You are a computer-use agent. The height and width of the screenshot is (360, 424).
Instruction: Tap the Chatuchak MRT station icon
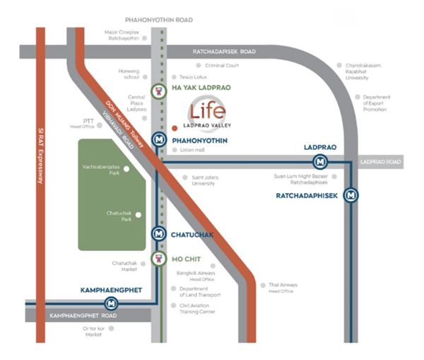pos(159,234)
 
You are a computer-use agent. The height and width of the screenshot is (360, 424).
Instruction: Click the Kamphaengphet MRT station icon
pos(112,303)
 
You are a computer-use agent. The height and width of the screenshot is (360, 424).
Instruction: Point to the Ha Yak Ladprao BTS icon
pos(159,91)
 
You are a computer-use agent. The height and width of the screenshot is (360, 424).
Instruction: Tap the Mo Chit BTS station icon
pos(159,259)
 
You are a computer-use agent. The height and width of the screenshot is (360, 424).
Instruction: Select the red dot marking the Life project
pos(175,129)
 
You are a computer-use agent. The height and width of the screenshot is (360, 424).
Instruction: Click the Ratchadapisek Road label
pos(224,52)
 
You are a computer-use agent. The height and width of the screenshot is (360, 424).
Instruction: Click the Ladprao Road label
pos(380,162)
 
